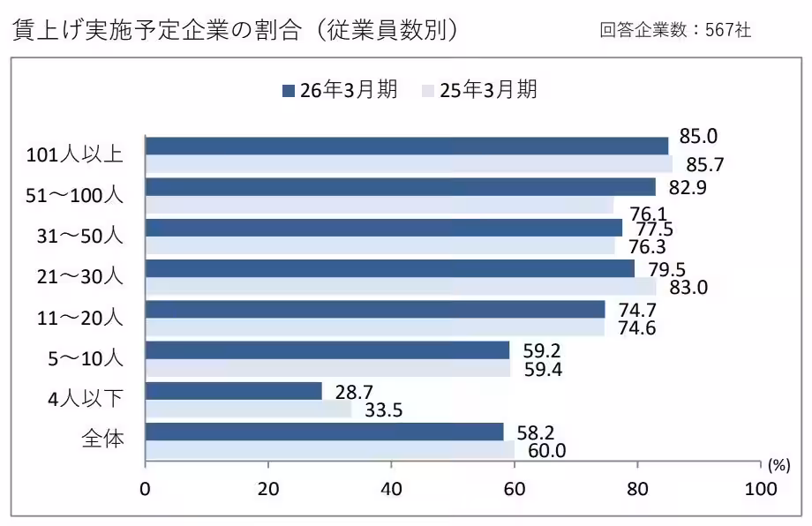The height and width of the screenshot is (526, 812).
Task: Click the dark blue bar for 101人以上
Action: (406, 146)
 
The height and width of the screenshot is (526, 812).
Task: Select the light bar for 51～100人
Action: (380, 205)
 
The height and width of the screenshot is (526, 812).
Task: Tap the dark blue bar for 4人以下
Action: (233, 391)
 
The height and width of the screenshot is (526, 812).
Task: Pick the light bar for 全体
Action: (329, 450)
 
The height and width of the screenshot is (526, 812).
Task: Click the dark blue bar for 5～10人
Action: (327, 350)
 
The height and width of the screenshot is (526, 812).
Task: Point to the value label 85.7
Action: (700, 164)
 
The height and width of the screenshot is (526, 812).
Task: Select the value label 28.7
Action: (342, 390)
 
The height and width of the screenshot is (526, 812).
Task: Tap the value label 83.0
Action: (688, 287)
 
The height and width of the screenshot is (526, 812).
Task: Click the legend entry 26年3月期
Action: (339, 89)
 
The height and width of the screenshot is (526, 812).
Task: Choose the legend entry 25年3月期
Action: (481, 89)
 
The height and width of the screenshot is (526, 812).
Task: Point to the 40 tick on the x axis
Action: (391, 488)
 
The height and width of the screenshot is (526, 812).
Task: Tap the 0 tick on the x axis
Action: (146, 488)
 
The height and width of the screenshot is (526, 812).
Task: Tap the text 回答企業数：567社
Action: (675, 31)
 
